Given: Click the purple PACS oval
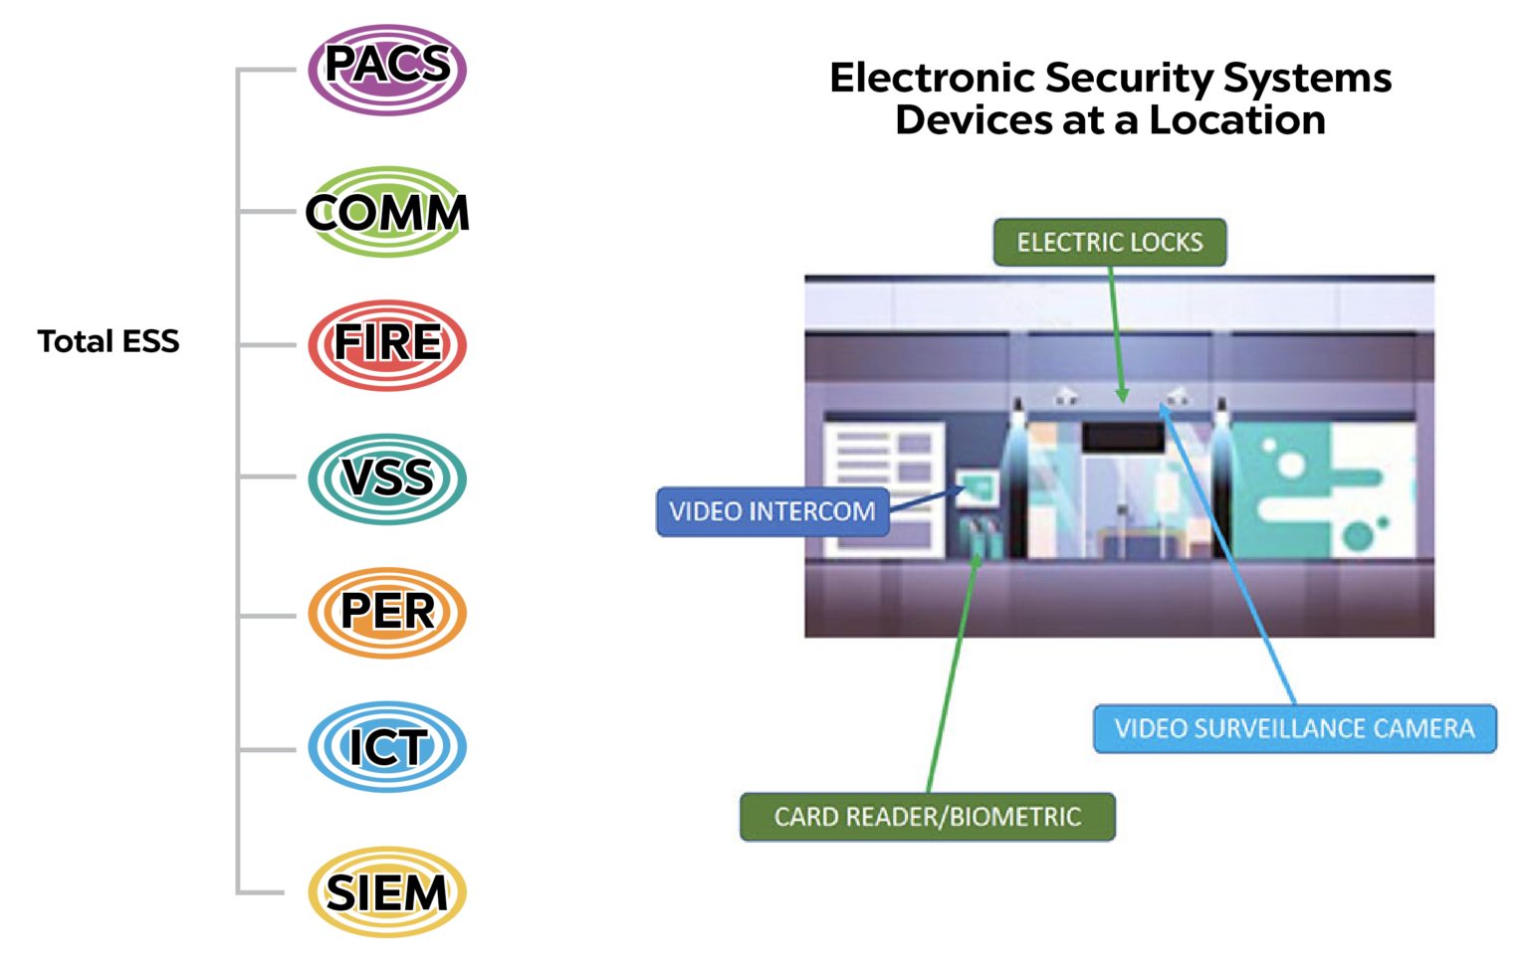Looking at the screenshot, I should click(x=387, y=70).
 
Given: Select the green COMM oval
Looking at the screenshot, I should click(x=387, y=212).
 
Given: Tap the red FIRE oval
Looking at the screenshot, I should click(x=387, y=345).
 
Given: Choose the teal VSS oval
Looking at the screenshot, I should click(x=387, y=479).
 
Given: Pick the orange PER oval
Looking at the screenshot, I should click(x=387, y=612).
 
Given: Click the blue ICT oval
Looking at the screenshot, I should click(x=387, y=747).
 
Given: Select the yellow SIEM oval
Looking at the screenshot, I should click(x=387, y=892).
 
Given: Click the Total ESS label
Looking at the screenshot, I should click(x=109, y=341).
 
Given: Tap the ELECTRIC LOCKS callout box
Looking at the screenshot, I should click(x=1109, y=243).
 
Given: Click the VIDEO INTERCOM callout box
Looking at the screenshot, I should click(x=772, y=511).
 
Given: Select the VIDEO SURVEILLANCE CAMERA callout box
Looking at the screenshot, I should click(x=1294, y=729).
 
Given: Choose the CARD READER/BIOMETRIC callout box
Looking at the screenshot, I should click(x=927, y=817).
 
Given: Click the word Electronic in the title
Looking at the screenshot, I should click(x=932, y=78).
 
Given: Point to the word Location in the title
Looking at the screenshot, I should click(x=1237, y=120).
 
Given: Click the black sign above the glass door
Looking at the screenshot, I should click(x=1123, y=436).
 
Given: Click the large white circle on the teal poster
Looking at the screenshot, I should click(x=1291, y=465).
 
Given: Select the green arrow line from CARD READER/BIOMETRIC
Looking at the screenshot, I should click(x=951, y=676).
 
